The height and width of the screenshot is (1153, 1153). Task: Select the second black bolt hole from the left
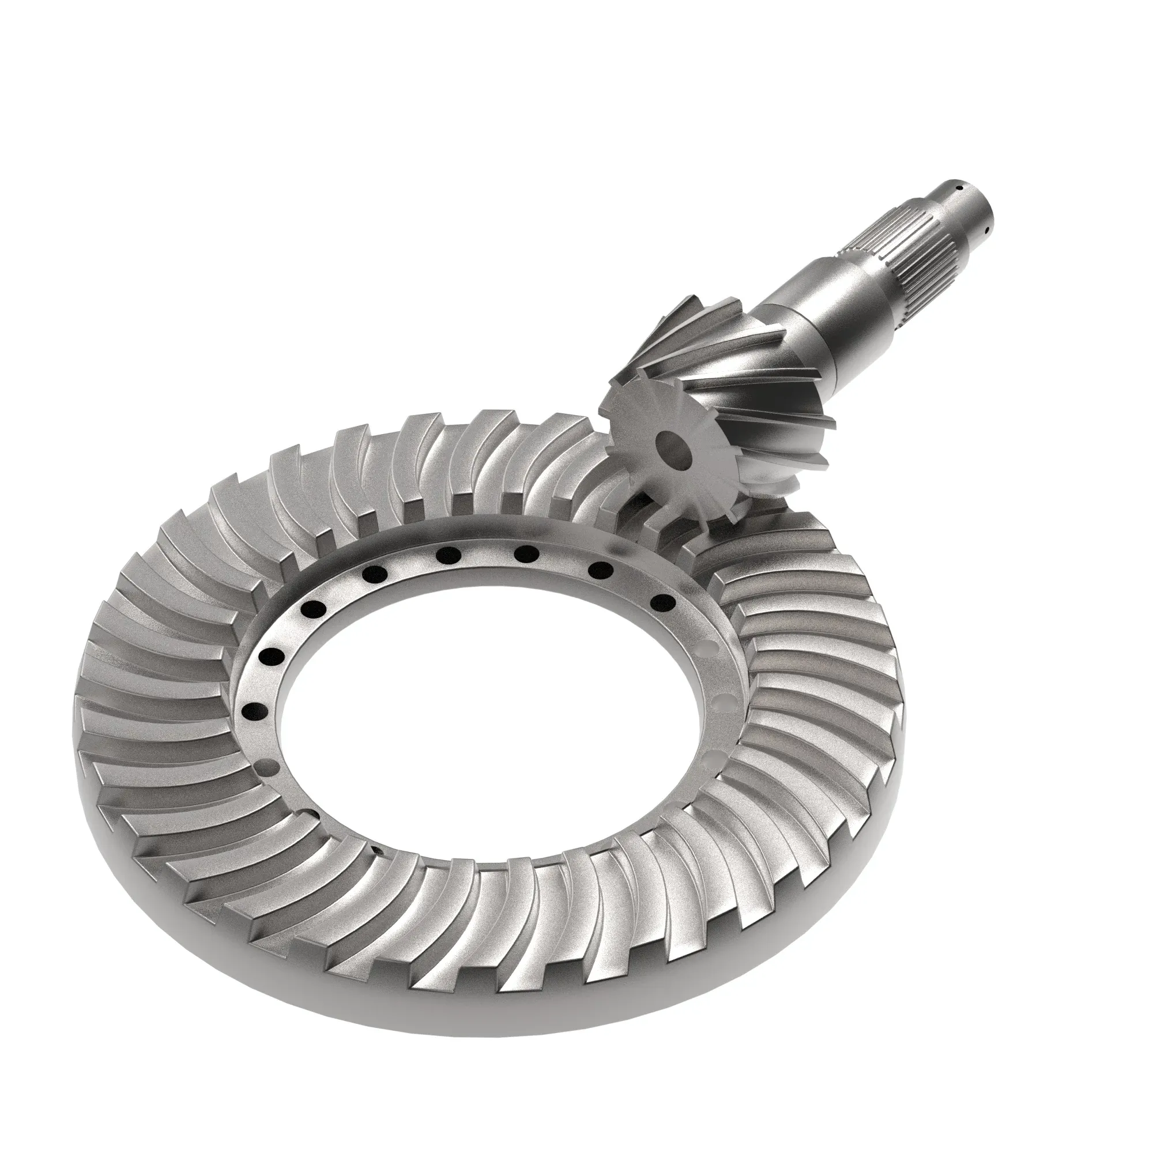(x=273, y=657)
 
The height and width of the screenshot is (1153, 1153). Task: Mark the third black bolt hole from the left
(x=315, y=609)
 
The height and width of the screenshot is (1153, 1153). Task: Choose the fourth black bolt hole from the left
(x=375, y=574)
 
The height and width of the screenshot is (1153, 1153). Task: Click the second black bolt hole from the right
(x=598, y=571)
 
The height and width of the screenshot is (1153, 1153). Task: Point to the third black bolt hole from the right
(x=523, y=553)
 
